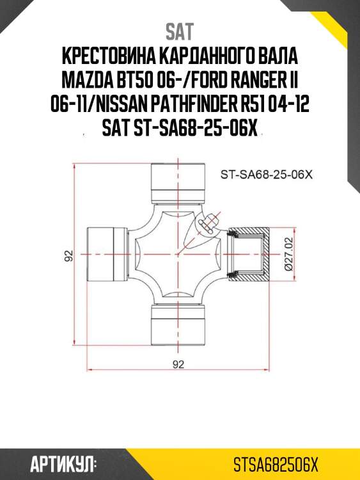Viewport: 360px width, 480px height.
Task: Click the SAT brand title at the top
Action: point(180,31)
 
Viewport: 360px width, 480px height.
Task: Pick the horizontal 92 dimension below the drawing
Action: point(178,365)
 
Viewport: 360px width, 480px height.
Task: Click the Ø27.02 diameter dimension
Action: point(288,255)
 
